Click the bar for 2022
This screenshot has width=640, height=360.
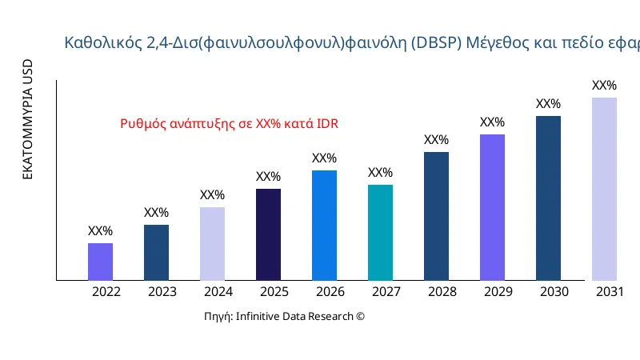100,262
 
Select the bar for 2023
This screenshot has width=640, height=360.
156,253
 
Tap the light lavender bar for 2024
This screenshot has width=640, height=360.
212,244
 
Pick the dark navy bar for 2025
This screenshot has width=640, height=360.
268,234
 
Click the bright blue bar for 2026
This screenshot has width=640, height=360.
324,226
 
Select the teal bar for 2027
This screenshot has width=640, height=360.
380,233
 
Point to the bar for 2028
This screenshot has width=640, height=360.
436,216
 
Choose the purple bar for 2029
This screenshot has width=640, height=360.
492,207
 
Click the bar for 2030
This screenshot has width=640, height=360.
548,198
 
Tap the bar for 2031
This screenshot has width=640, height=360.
604,189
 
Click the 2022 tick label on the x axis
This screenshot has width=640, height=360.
106,292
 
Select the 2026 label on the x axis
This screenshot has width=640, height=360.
330,292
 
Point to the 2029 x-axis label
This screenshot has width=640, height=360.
498,292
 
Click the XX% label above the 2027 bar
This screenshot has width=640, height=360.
380,173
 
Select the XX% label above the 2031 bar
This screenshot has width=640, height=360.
604,86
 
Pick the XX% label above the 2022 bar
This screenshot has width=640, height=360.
100,231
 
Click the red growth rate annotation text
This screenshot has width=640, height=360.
229,124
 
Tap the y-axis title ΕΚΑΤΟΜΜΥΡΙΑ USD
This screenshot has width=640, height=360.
27,119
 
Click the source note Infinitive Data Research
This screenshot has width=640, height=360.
284,317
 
